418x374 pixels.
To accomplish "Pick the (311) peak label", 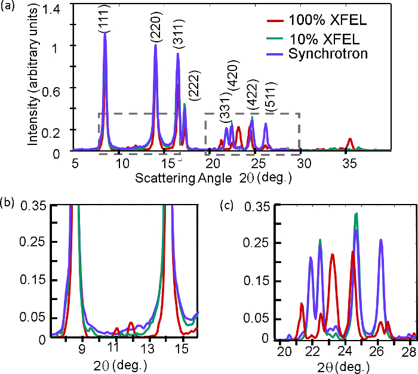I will point(177,37).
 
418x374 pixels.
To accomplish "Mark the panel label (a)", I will point(9,8).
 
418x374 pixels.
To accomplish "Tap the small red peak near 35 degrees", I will point(351,141).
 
